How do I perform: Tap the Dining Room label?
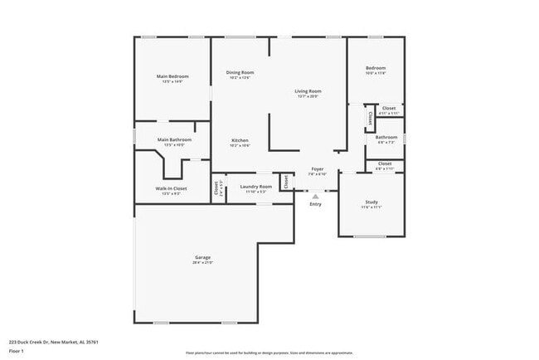[x=240, y=72]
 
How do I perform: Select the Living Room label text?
[x=308, y=91]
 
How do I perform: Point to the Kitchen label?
[x=240, y=140]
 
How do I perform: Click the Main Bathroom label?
[x=174, y=139]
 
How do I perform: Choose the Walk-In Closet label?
[x=171, y=188]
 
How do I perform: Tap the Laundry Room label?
[x=255, y=187]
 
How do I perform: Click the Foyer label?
[x=318, y=168]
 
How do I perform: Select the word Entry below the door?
[x=315, y=204]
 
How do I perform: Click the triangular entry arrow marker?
[x=315, y=196]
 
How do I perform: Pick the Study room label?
[x=371, y=202]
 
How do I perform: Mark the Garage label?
[x=202, y=257]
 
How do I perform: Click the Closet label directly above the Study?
[x=385, y=163]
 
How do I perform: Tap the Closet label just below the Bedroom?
[x=388, y=108]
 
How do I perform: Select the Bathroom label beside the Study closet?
[x=386, y=137]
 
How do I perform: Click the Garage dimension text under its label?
[x=202, y=263]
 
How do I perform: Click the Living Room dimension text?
[x=308, y=97]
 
